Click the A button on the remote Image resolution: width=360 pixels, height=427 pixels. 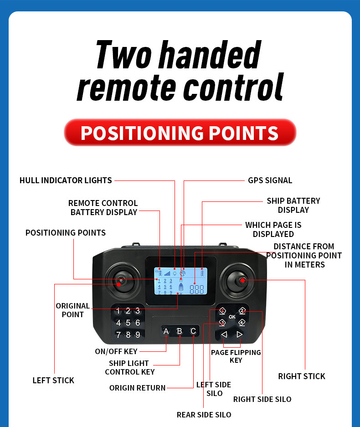point(166,331)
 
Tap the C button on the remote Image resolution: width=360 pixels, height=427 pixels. point(193,331)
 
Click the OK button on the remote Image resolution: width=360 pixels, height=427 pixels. point(232,317)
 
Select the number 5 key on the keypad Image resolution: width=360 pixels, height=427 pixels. point(128,323)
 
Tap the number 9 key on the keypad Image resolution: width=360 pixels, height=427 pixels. point(138,334)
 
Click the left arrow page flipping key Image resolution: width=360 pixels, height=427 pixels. point(224,334)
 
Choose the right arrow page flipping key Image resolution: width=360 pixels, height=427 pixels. point(239,334)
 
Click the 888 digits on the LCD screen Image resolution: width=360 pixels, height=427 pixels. point(196,289)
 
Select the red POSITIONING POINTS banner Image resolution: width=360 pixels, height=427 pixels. point(180,133)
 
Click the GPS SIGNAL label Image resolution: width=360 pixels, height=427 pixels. point(270,180)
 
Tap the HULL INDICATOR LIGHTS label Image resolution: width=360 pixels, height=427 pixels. point(66,180)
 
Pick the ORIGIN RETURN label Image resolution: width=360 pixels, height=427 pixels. point(137,388)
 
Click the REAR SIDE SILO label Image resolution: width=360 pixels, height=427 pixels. point(204,415)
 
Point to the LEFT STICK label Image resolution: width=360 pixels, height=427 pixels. point(53,381)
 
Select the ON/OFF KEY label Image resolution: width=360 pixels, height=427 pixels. point(116,351)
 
